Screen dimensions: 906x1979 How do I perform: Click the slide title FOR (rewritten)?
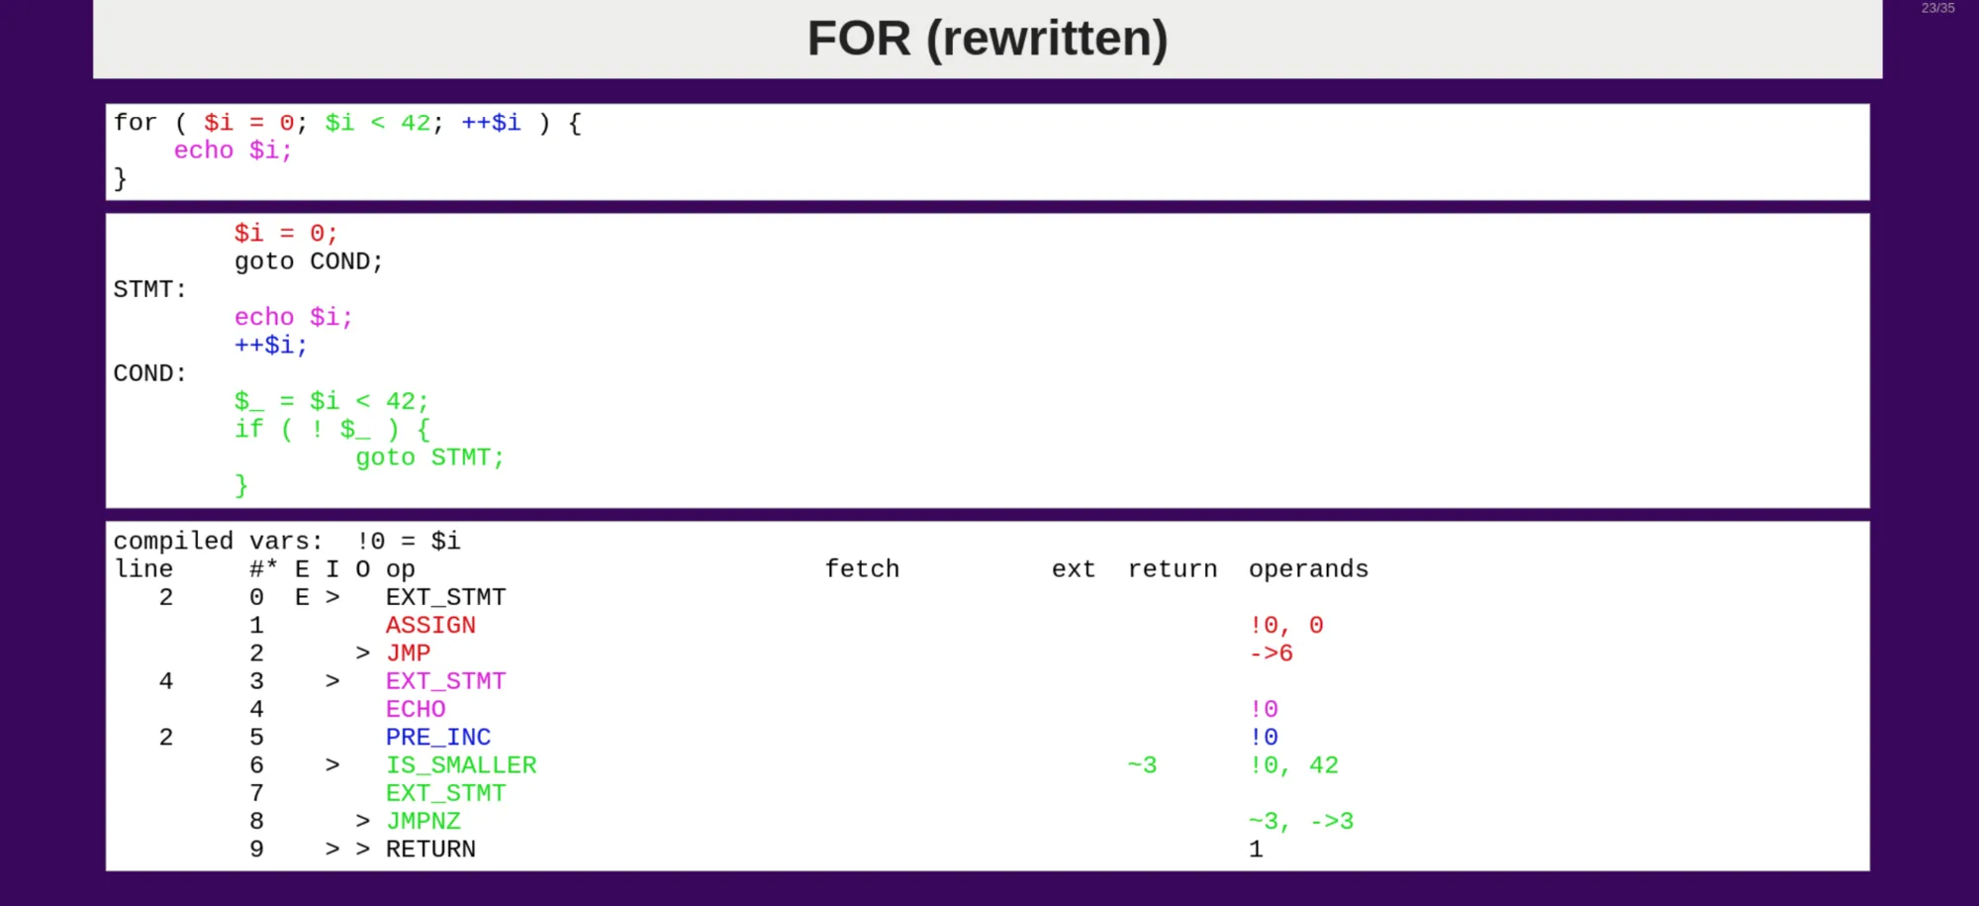[987, 39]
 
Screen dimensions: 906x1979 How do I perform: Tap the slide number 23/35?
[1937, 8]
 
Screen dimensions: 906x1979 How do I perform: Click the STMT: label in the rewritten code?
[149, 290]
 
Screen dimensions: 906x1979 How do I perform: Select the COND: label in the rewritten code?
[149, 374]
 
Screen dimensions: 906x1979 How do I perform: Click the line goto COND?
[308, 262]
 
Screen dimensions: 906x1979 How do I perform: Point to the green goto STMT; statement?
[429, 458]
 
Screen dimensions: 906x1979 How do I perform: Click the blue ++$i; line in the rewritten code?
[270, 346]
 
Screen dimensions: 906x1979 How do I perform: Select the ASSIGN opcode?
[430, 626]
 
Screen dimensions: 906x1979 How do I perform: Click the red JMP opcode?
[408, 654]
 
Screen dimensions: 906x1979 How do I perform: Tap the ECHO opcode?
[416, 710]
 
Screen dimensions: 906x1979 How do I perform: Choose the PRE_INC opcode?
[437, 738]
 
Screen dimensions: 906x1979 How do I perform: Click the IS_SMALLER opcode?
[460, 765]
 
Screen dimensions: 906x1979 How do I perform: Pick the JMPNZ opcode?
[423, 822]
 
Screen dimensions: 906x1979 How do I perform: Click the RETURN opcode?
[430, 850]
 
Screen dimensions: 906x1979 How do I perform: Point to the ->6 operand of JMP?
[1271, 654]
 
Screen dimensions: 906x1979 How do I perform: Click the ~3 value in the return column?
[1142, 765]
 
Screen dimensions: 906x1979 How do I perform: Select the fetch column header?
[862, 569]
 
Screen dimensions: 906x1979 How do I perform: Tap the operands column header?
[1308, 569]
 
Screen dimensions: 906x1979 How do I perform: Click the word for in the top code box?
[135, 123]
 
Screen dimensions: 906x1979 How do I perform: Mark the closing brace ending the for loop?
[121, 179]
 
